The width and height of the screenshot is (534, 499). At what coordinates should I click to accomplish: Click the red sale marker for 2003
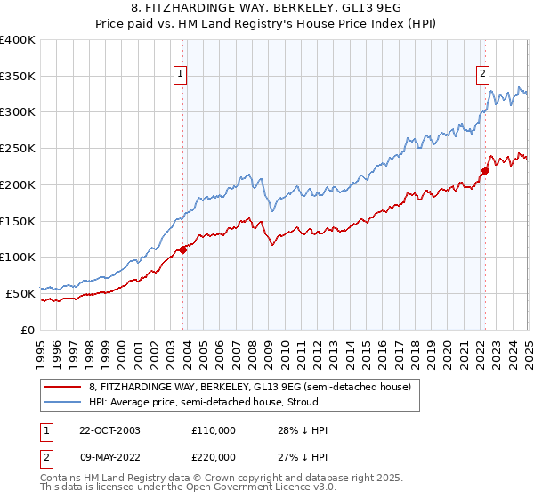183,250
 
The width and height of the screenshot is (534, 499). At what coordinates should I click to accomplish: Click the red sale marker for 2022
485,170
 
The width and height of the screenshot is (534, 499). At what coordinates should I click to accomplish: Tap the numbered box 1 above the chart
180,74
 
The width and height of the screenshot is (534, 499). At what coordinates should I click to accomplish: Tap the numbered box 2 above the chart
481,74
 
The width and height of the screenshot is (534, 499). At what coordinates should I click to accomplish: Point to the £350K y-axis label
18,76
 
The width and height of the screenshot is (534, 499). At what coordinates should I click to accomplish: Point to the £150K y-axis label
18,220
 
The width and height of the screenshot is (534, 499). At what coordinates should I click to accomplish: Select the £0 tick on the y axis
28,329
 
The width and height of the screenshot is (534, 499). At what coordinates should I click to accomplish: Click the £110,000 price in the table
214,430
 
